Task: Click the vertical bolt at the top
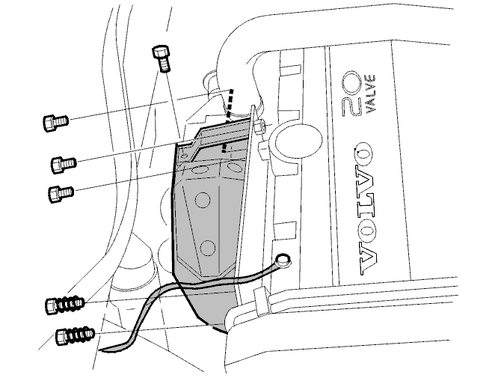click(x=161, y=59)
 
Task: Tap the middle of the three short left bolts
click(x=64, y=164)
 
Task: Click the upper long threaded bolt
click(x=65, y=305)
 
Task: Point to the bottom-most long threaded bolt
click(x=76, y=336)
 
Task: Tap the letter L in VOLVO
click(x=366, y=210)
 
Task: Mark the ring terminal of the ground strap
click(x=283, y=259)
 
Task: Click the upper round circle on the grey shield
click(x=203, y=200)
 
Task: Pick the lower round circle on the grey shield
click(x=208, y=248)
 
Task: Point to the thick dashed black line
click(x=228, y=121)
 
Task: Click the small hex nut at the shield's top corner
click(x=260, y=126)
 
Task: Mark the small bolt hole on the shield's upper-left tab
click(x=184, y=156)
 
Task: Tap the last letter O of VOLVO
click(x=364, y=153)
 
